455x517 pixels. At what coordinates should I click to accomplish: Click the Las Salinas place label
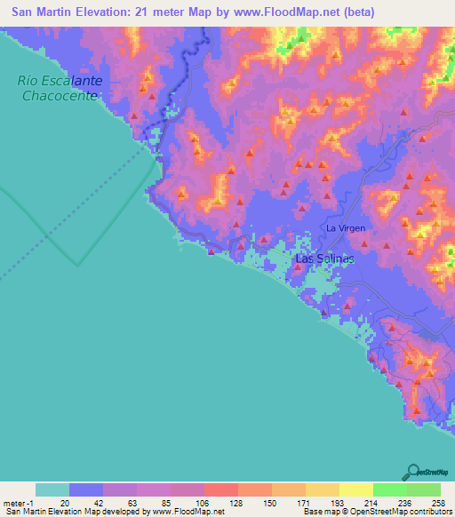tap(324, 258)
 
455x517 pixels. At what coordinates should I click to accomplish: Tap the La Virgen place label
tap(346, 228)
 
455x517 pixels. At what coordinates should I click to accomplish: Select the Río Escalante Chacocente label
tap(60, 87)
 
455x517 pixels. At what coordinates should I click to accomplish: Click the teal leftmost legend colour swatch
tap(52, 489)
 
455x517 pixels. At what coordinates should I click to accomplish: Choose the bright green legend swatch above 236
tap(389, 489)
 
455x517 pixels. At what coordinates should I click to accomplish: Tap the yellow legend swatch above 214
tap(355, 489)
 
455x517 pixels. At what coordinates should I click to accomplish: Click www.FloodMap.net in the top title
tap(283, 12)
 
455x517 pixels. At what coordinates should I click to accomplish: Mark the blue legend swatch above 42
tap(86, 489)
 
